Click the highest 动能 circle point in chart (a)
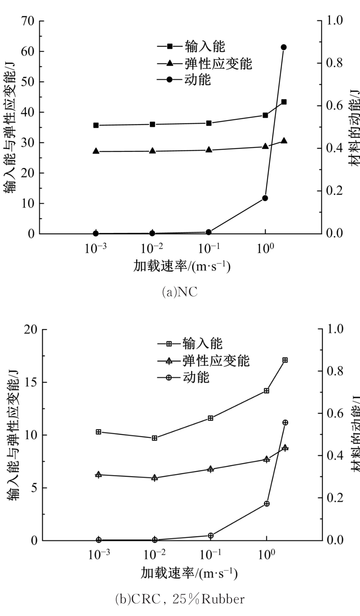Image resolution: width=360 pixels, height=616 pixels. (x=283, y=47)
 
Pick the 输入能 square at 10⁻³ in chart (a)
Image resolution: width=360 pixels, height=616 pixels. (x=96, y=125)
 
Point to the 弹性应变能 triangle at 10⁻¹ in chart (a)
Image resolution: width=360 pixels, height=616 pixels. (x=209, y=150)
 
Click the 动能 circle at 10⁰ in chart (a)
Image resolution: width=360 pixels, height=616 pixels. (x=265, y=198)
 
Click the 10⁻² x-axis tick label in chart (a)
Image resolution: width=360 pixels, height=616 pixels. (x=152, y=249)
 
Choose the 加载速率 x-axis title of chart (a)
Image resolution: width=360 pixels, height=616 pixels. (x=182, y=266)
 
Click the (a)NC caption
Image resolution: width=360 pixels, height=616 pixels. (x=179, y=292)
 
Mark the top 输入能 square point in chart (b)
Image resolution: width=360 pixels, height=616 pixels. (x=285, y=360)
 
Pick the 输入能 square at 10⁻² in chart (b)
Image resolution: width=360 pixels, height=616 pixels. (x=155, y=438)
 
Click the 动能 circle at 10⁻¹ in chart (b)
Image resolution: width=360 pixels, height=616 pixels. (x=211, y=535)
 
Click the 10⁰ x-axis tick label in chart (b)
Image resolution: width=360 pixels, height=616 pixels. (x=266, y=555)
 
